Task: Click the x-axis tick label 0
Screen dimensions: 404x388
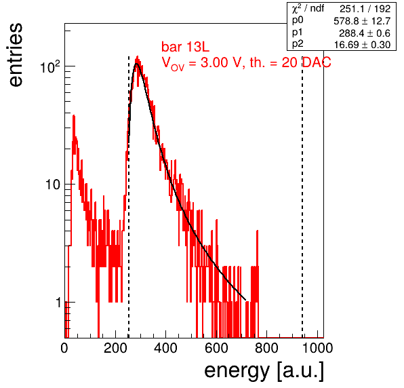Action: pos(64,348)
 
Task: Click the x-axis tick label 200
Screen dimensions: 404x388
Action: pos(115,348)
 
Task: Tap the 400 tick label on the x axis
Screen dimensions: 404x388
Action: pos(165,348)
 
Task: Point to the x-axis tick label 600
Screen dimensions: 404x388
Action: pos(216,348)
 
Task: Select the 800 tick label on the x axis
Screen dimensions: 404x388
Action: pos(266,348)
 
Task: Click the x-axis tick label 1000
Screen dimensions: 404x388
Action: pos(317,348)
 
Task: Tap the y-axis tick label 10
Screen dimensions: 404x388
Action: pos(53,185)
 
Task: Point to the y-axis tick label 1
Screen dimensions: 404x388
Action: pos(58,303)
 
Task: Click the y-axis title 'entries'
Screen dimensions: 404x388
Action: pos(16,55)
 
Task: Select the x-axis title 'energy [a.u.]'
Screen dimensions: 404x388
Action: pos(264,371)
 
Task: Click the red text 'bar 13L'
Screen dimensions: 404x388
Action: pos(186,47)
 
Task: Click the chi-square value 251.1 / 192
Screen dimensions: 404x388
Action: pos(365,9)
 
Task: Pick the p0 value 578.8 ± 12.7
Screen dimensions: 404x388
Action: pos(362,21)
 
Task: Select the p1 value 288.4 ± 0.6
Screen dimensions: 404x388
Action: pos(365,33)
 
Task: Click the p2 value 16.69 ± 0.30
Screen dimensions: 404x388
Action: pos(362,45)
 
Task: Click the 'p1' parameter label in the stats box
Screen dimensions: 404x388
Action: pos(298,33)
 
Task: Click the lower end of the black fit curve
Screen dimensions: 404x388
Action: pos(245,300)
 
